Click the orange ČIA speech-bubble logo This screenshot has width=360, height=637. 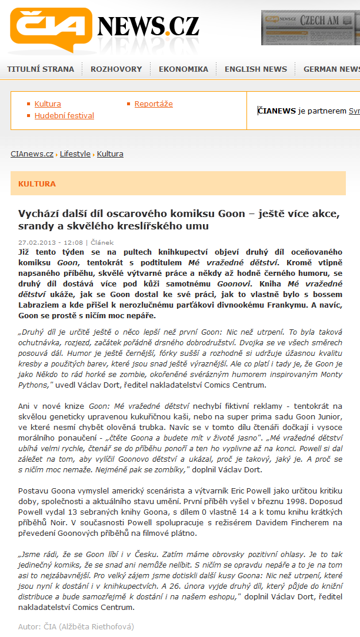50,29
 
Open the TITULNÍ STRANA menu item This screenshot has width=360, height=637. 41,69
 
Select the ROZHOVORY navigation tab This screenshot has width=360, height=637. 116,69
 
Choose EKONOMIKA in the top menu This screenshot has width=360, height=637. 184,69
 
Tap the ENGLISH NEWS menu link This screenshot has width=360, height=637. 256,69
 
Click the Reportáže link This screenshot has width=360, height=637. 154,104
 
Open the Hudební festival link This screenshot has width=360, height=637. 64,116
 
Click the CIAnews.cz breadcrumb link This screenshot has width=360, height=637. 32,154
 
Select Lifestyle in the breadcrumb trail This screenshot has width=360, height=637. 75,154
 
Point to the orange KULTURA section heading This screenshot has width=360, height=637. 37,184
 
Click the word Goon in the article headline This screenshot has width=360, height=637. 230,214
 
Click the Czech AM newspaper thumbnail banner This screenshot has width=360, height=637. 311,27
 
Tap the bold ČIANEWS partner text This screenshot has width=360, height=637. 277,111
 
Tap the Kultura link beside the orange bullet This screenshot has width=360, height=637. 48,104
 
